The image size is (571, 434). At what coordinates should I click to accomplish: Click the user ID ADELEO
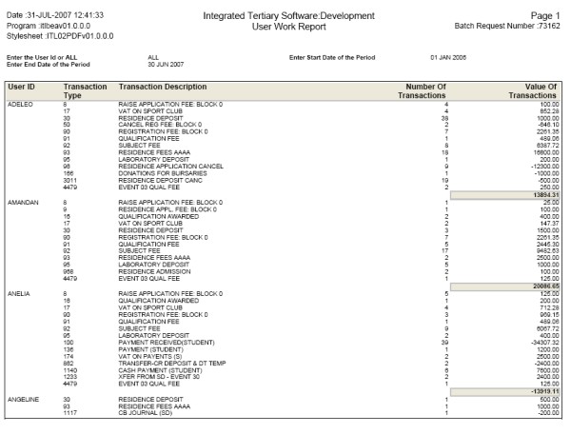pos(20,104)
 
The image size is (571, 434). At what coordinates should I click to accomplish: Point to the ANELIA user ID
pos(19,295)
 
